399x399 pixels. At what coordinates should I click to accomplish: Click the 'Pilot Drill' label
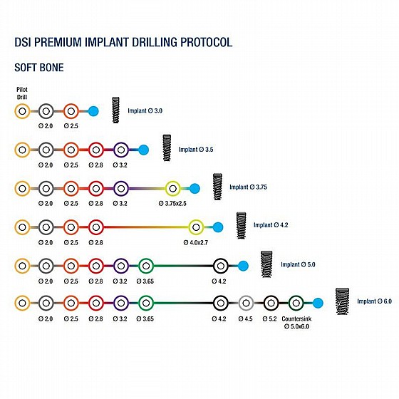coord(22,93)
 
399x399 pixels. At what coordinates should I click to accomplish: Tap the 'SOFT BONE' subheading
coord(39,68)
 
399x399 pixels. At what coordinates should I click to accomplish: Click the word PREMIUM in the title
coord(58,42)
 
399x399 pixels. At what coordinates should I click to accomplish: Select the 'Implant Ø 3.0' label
coord(145,110)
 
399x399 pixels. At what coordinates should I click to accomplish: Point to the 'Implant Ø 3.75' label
coord(248,187)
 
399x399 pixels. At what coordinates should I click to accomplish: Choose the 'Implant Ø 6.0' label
coord(374,301)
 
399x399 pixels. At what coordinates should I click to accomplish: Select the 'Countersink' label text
coord(296,319)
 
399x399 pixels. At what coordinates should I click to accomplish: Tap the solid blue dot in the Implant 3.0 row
coord(93,111)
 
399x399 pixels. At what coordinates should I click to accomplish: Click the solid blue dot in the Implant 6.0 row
coord(318,303)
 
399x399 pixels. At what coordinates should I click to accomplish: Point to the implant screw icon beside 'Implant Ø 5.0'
coord(266,264)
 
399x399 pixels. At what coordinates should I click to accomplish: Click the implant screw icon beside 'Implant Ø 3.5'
coord(167,148)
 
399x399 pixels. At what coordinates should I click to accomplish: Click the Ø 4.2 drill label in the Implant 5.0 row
coord(219,281)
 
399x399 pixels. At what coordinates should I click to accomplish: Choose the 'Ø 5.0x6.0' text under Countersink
coord(296,326)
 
